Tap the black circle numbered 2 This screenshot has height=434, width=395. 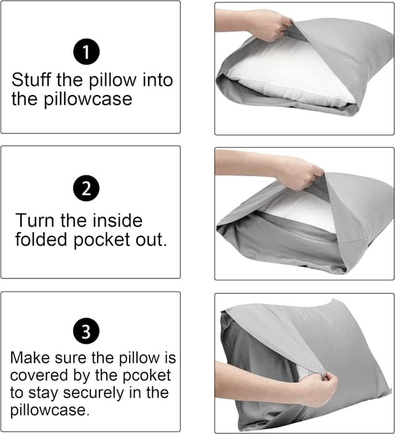87,188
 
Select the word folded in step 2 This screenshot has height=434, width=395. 43,240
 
